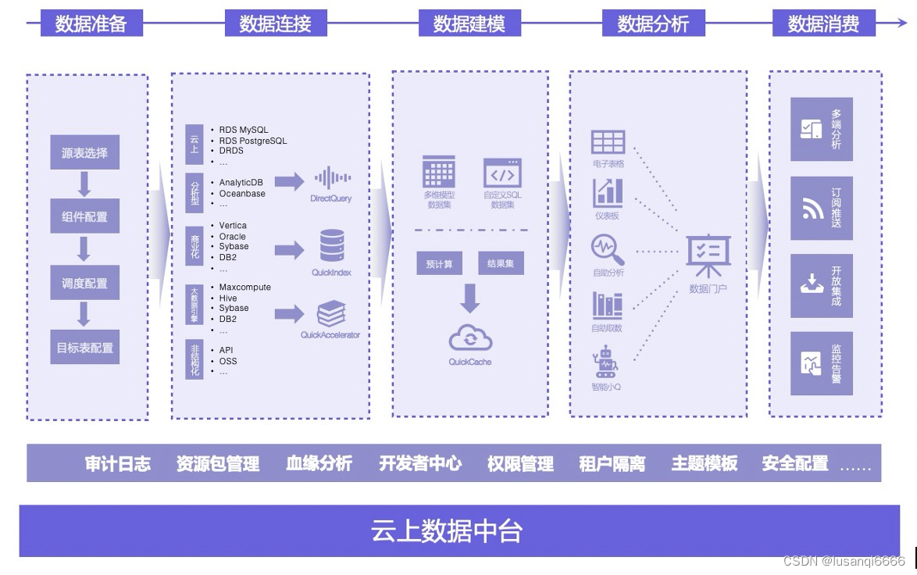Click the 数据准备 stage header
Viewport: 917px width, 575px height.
click(91, 23)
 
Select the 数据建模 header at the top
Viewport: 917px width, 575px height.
click(469, 23)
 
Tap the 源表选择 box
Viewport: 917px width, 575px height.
click(84, 153)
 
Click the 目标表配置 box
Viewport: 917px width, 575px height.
click(84, 348)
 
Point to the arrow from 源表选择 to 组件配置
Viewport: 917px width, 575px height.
click(84, 184)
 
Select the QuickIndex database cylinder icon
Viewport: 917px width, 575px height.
click(332, 245)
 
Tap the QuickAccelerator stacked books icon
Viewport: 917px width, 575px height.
click(331, 314)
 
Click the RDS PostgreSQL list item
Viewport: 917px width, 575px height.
click(253, 141)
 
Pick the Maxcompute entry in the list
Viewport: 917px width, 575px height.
click(244, 287)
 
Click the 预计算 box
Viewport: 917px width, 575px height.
click(439, 264)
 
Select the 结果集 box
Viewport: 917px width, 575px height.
click(501, 264)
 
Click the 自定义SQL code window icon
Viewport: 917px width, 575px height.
click(502, 173)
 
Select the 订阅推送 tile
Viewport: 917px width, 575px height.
click(821, 208)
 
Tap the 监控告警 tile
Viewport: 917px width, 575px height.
click(821, 363)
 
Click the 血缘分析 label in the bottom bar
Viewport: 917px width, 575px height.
click(319, 463)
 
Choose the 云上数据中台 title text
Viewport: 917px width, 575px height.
click(447, 531)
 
